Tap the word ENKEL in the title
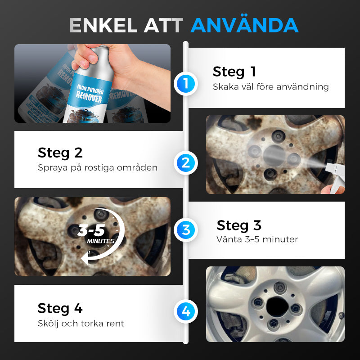[x=103, y=25]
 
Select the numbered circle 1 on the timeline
[x=186, y=84]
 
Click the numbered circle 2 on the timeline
[x=186, y=163]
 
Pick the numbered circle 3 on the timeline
[x=186, y=230]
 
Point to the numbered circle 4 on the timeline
[x=186, y=311]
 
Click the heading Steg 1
[x=234, y=72]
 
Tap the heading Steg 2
[x=60, y=153]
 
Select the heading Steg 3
[x=239, y=225]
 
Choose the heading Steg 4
[x=60, y=308]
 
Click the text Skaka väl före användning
[x=271, y=87]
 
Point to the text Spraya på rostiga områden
[x=98, y=167]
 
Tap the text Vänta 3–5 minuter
[x=257, y=239]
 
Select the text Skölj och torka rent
[x=81, y=324]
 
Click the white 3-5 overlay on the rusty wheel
[x=91, y=230]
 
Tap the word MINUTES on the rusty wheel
[x=100, y=241]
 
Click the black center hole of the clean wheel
[x=278, y=306]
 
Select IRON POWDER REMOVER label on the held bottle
[x=90, y=94]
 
